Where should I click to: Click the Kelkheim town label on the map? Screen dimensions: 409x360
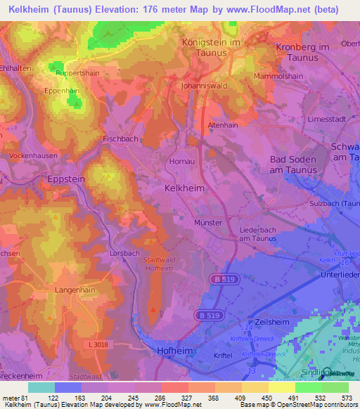[x=184, y=188]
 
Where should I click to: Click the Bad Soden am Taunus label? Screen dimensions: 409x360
[x=294, y=164]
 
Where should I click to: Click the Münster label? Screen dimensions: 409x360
[x=207, y=222]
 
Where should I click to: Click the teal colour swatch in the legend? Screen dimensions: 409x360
[x=41, y=387]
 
